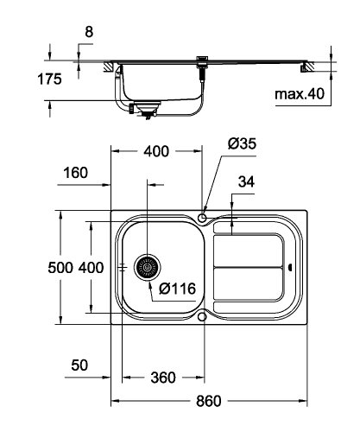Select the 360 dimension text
(162, 378)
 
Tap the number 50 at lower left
(79, 365)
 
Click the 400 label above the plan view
(156, 153)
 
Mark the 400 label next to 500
(92, 268)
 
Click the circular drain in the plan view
(148, 268)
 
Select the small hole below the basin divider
(203, 317)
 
